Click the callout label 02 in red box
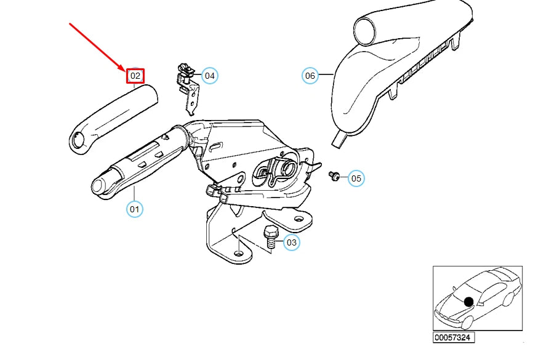[135, 76]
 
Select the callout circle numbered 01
[134, 209]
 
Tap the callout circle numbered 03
[291, 242]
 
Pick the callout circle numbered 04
[210, 76]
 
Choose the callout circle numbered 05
[356, 178]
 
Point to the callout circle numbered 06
[310, 76]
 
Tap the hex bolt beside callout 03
[271, 236]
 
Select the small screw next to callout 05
[334, 176]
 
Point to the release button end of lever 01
[99, 185]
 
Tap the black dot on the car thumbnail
[469, 302]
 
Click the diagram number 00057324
[454, 338]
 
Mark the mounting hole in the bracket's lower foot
[238, 253]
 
